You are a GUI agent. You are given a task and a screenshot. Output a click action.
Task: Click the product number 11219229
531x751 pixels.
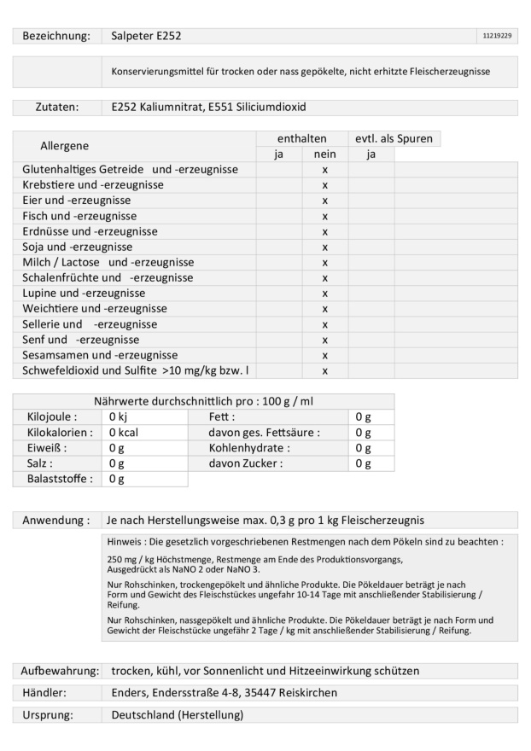coord(497,36)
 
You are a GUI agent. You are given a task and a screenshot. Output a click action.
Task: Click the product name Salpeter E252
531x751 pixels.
coord(146,36)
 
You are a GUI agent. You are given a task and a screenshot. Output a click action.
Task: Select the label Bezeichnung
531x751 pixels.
coord(56,36)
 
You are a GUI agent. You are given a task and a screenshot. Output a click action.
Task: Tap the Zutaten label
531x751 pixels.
coord(56,108)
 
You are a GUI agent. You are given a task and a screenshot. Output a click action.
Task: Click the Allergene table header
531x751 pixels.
coord(64,146)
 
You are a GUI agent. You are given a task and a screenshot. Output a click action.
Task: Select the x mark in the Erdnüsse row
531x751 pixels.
coord(325,231)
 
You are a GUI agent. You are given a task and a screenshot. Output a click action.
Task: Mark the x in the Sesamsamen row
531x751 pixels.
coord(325,355)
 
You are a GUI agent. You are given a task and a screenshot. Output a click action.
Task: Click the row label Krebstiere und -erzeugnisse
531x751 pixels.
coord(93,185)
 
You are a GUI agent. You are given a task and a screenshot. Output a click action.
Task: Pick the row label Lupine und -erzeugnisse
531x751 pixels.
coord(84,293)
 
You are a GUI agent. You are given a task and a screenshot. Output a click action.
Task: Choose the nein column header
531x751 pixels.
coord(324,154)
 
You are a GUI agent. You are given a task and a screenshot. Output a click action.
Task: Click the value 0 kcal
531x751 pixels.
coord(123,433)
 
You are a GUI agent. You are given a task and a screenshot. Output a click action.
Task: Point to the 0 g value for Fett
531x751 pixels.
coord(363,417)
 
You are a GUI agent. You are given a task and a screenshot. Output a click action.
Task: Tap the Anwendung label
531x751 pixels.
coord(56,520)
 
